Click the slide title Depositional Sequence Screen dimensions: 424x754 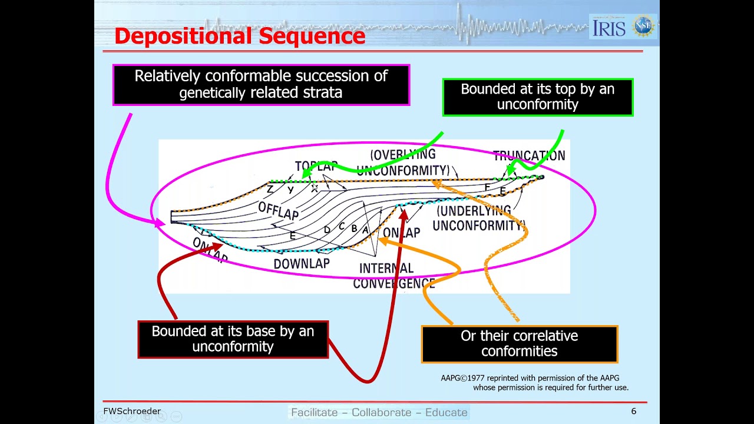click(x=240, y=36)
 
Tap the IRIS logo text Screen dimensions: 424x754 click(x=609, y=27)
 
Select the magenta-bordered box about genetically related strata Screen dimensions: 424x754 click(x=261, y=84)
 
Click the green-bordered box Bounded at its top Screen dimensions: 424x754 click(x=537, y=97)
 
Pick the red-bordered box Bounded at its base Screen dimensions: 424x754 click(x=233, y=339)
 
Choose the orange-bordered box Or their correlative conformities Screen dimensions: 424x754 click(x=519, y=343)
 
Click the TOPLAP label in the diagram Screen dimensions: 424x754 click(x=316, y=167)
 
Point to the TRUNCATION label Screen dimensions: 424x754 click(x=528, y=156)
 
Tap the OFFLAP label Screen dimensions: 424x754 click(x=278, y=210)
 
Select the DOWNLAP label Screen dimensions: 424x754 click(x=301, y=263)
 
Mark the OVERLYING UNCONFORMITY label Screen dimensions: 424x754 click(x=403, y=163)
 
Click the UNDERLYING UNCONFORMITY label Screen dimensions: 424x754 click(x=478, y=218)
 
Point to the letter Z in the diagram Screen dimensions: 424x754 click(x=270, y=189)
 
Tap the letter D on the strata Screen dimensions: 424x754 click(x=327, y=230)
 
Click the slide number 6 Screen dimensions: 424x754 click(x=633, y=411)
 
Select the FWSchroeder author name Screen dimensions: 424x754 click(x=132, y=411)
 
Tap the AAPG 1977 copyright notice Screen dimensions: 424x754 click(x=534, y=383)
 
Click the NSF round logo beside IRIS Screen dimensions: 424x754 click(x=643, y=26)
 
